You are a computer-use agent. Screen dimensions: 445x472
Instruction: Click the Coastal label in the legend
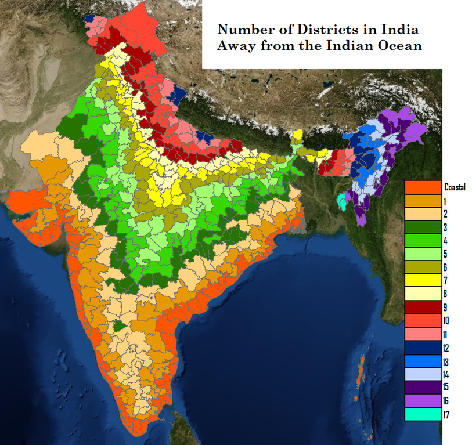click(455, 187)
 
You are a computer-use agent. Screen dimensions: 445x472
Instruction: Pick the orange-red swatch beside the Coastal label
click(423, 187)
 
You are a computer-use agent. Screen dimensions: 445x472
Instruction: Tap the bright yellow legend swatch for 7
click(423, 280)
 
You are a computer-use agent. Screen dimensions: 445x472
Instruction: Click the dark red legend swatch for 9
click(423, 307)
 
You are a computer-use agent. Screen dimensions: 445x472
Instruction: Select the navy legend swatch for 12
click(423, 348)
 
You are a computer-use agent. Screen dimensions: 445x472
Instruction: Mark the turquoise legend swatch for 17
click(423, 415)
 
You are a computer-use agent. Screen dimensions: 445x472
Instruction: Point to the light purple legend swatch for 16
click(423, 401)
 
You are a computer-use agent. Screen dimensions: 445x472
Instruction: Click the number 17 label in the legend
click(446, 415)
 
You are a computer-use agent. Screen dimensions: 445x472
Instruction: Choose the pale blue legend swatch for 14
click(423, 374)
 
